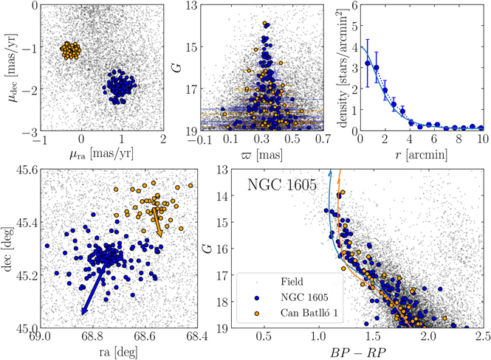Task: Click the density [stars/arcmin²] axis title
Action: coord(343,67)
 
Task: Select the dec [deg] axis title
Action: coord(10,248)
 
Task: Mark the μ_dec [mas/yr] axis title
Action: coord(10,67)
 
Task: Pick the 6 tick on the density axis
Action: coord(354,5)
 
